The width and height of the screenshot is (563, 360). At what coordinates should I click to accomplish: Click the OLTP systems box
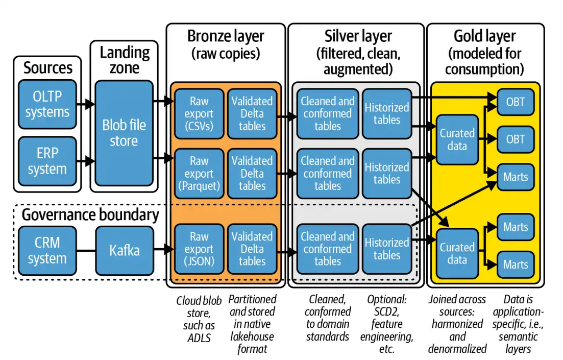pos(47,104)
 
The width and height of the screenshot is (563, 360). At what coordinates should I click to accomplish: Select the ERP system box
pos(47,161)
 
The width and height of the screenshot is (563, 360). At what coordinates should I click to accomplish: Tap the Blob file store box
pos(124,133)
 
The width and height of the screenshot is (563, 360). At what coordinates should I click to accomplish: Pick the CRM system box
pos(47,251)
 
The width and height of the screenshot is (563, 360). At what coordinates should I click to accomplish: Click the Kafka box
pos(125,251)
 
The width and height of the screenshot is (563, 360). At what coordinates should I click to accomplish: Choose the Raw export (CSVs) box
pos(199,113)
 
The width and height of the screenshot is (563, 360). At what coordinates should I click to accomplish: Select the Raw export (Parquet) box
pos(199,173)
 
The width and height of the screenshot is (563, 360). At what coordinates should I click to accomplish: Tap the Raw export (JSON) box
pos(199,249)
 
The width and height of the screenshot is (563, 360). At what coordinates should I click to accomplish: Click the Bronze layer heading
pos(226,36)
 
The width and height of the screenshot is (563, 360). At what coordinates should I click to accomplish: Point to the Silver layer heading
pos(358,36)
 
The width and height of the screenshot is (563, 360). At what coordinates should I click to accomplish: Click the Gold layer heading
pos(484,36)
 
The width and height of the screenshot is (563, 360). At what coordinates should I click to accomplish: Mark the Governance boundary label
pos(90,215)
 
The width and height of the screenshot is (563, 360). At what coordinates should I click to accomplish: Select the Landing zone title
pos(125,60)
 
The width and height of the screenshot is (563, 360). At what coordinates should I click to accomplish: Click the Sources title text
pos(48,67)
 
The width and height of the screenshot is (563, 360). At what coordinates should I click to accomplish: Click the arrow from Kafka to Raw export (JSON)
pos(162,251)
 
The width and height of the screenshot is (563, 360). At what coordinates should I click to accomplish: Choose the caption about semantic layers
pos(517,324)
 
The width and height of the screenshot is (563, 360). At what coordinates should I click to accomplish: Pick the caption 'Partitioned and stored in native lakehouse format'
pos(252,324)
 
